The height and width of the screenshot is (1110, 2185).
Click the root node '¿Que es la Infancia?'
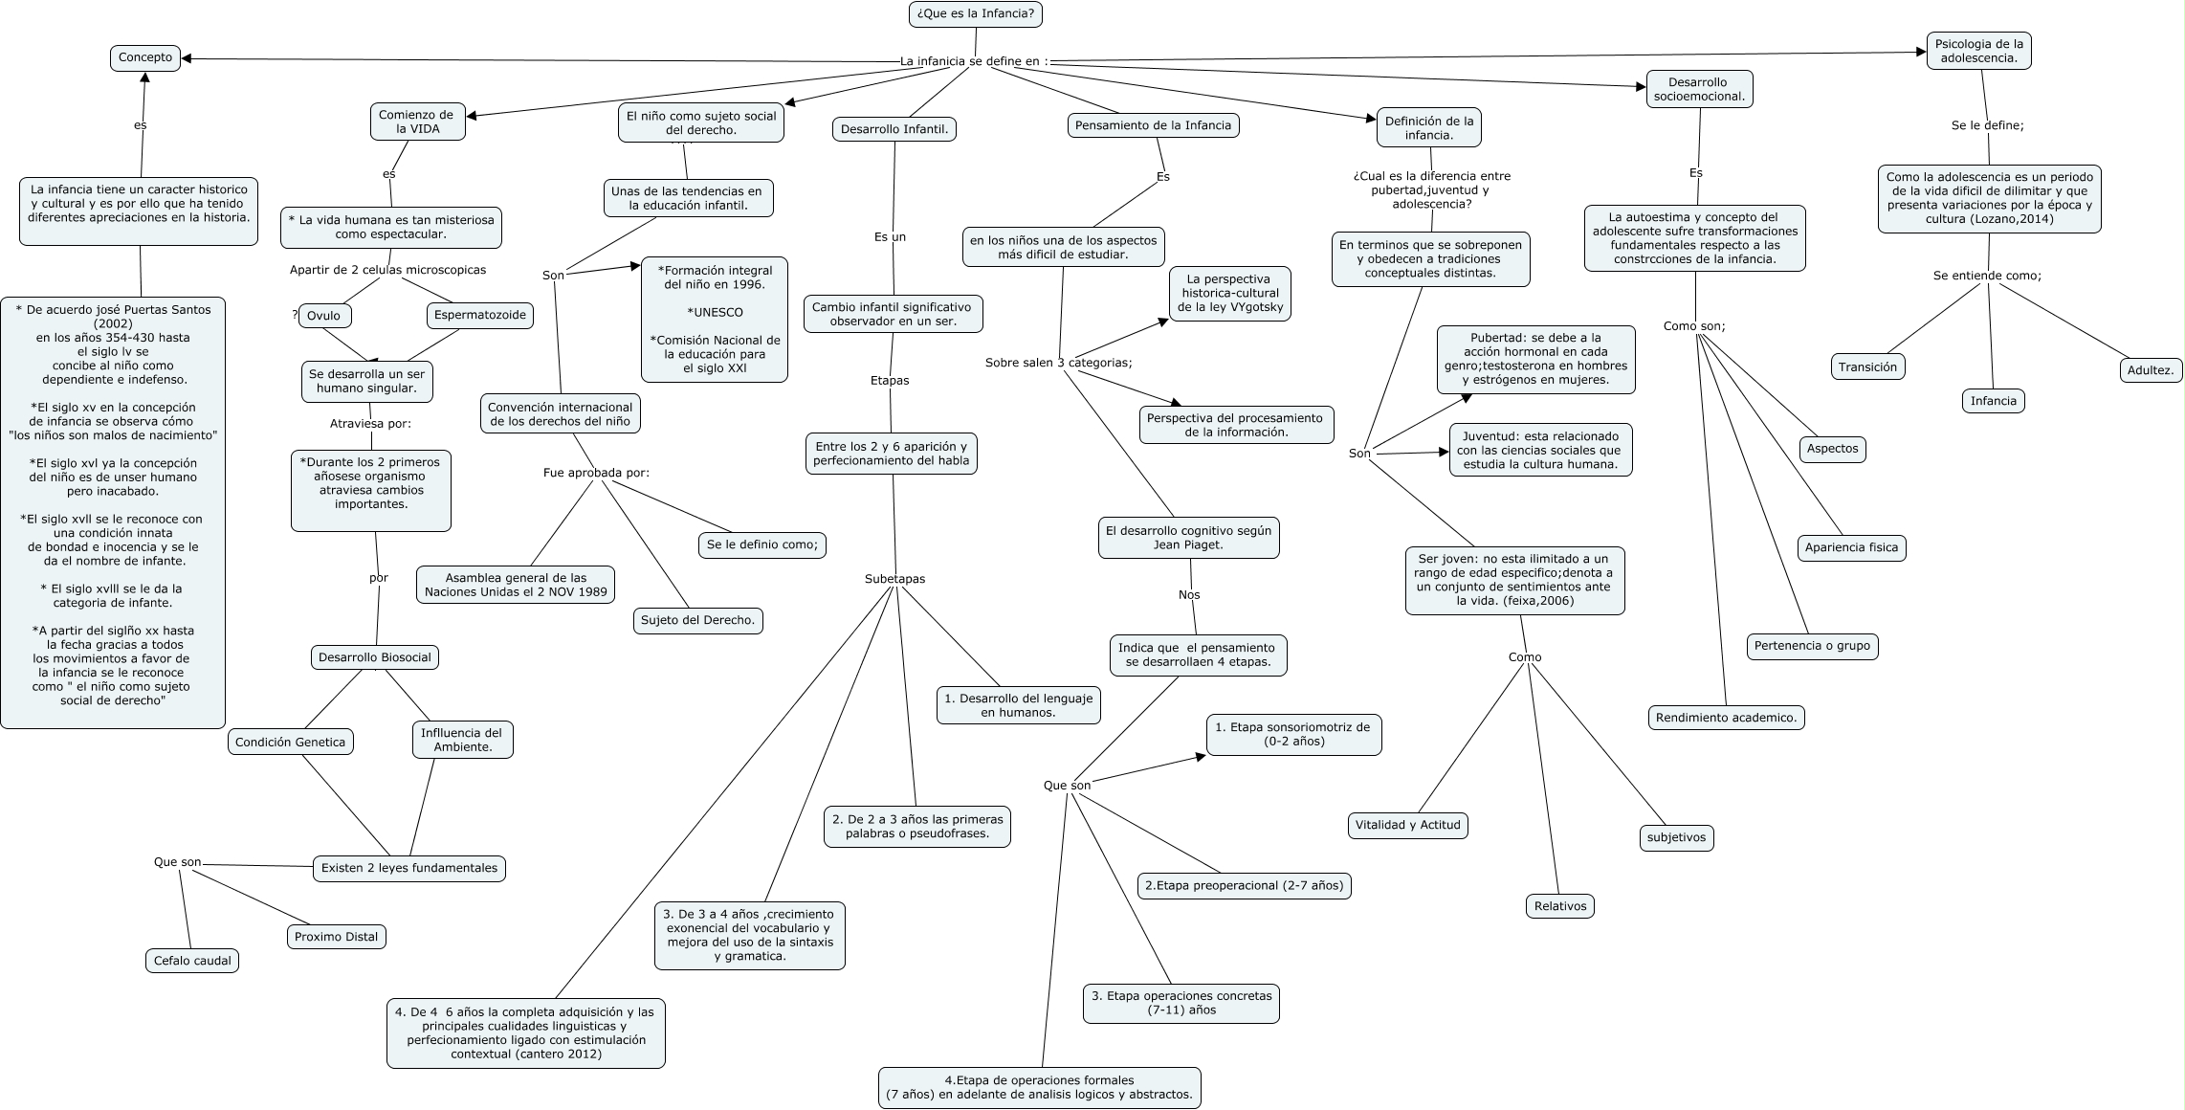975,14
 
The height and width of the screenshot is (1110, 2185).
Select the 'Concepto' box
145,57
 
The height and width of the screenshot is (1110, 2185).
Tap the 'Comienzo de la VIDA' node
417,122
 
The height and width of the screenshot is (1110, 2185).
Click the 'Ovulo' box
323,316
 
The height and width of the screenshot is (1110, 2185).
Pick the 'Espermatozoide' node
479,315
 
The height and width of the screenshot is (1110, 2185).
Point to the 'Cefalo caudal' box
192,961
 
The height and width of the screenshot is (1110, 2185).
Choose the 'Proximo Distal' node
336,937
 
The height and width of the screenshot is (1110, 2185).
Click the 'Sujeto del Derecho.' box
698,620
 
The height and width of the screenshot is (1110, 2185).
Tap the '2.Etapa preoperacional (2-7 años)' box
1244,885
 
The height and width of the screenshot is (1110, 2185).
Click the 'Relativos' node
1559,906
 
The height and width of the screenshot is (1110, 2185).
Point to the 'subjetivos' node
1676,837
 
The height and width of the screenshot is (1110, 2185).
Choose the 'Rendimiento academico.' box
1726,717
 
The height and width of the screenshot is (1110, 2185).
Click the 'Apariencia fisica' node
1851,547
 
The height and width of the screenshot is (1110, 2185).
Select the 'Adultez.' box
2152,369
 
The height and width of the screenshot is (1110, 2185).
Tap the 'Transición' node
1867,366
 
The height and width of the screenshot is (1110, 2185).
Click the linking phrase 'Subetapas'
894,579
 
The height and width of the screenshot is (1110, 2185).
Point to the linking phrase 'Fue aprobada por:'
596,473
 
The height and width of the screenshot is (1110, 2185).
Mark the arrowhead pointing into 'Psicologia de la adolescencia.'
1921,53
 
